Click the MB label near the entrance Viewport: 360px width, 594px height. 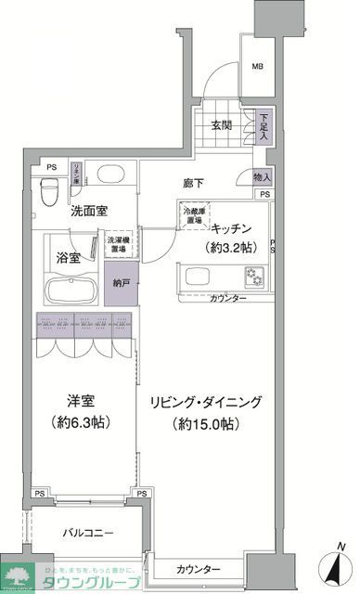[x=257, y=66]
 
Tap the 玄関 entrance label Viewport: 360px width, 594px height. [x=220, y=126]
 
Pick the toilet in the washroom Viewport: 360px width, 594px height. [x=54, y=185]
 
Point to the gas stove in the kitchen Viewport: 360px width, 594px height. [x=254, y=276]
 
